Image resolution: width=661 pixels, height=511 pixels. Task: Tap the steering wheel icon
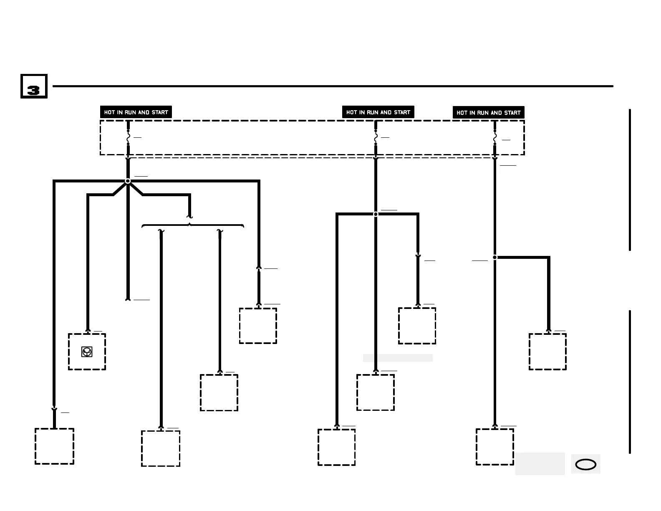(87, 352)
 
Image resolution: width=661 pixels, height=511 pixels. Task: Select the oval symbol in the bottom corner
(585, 464)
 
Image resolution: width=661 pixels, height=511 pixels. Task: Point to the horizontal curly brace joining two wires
(192, 225)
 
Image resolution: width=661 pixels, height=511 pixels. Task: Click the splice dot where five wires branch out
(128, 181)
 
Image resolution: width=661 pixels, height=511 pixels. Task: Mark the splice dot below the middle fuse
(376, 214)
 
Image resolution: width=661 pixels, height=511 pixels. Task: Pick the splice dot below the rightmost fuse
(494, 258)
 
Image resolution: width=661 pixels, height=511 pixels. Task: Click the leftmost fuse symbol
(128, 137)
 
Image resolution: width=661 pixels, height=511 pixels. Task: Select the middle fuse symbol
(376, 137)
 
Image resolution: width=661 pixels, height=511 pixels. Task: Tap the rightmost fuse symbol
(494, 137)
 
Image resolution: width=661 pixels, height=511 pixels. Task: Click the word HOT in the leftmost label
(109, 112)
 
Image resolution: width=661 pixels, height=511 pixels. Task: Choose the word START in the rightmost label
(512, 113)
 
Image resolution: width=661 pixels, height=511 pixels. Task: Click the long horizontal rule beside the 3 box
(333, 86)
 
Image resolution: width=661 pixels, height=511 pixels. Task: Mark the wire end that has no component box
(128, 299)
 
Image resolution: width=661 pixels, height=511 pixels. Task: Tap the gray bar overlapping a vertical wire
(397, 358)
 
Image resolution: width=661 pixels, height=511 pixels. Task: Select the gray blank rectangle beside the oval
(540, 463)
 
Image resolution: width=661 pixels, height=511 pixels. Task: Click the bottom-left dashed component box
(54, 446)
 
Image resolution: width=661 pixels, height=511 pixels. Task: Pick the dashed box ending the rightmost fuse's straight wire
(494, 447)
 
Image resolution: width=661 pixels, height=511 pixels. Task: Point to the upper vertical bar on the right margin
(630, 180)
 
